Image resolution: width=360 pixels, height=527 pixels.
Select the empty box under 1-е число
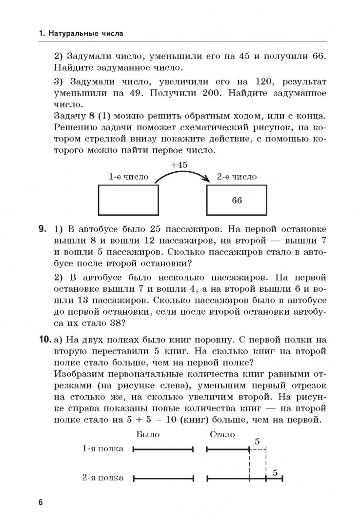(x=129, y=200)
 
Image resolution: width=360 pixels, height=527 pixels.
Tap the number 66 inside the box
(x=237, y=200)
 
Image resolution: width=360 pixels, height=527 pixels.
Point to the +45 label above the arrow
(x=179, y=165)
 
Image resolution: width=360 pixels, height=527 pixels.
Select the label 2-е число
(x=237, y=177)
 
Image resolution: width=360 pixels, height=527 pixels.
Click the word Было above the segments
(x=148, y=434)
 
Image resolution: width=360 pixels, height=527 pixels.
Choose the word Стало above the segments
(x=222, y=434)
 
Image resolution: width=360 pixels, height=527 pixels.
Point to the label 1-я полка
(x=102, y=449)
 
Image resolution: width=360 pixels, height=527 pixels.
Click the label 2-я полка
(x=102, y=478)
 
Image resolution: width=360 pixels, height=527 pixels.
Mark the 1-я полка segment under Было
(x=163, y=449)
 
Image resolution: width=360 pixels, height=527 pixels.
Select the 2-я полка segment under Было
(x=163, y=478)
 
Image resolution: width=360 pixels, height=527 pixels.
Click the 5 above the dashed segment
(x=257, y=442)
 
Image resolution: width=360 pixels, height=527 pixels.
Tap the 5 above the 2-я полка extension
(x=275, y=472)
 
